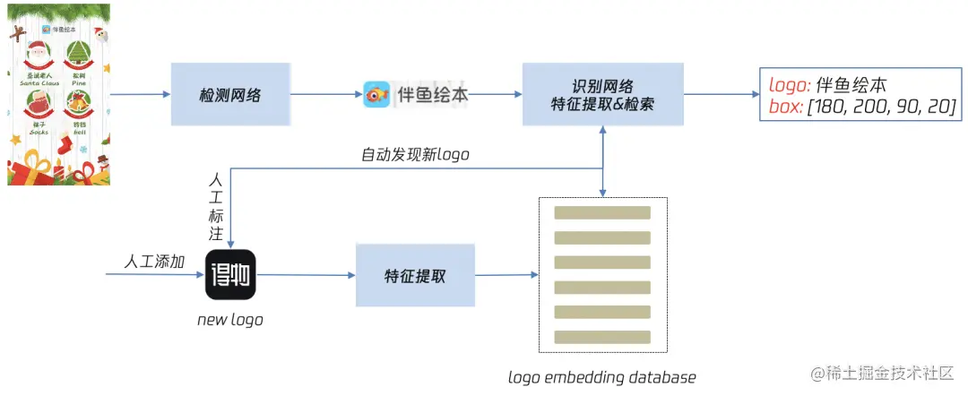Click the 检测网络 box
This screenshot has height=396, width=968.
click(230, 94)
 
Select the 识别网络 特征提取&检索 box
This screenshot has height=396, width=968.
click(602, 94)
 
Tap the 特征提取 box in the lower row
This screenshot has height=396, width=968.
click(414, 276)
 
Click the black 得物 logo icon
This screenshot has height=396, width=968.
click(231, 276)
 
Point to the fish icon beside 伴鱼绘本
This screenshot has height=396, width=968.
click(376, 94)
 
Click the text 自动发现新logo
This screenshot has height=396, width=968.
click(415, 155)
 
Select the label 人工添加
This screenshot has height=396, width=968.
click(154, 262)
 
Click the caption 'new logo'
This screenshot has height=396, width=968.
click(230, 320)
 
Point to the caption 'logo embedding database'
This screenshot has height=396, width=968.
click(601, 376)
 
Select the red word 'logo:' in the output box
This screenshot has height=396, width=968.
click(790, 86)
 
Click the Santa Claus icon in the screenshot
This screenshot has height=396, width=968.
click(39, 56)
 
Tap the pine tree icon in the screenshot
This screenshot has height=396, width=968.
click(80, 56)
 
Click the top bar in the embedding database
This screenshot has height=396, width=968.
click(601, 213)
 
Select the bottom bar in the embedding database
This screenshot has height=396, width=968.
click(601, 337)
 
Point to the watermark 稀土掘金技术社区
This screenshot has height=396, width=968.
click(886, 372)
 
